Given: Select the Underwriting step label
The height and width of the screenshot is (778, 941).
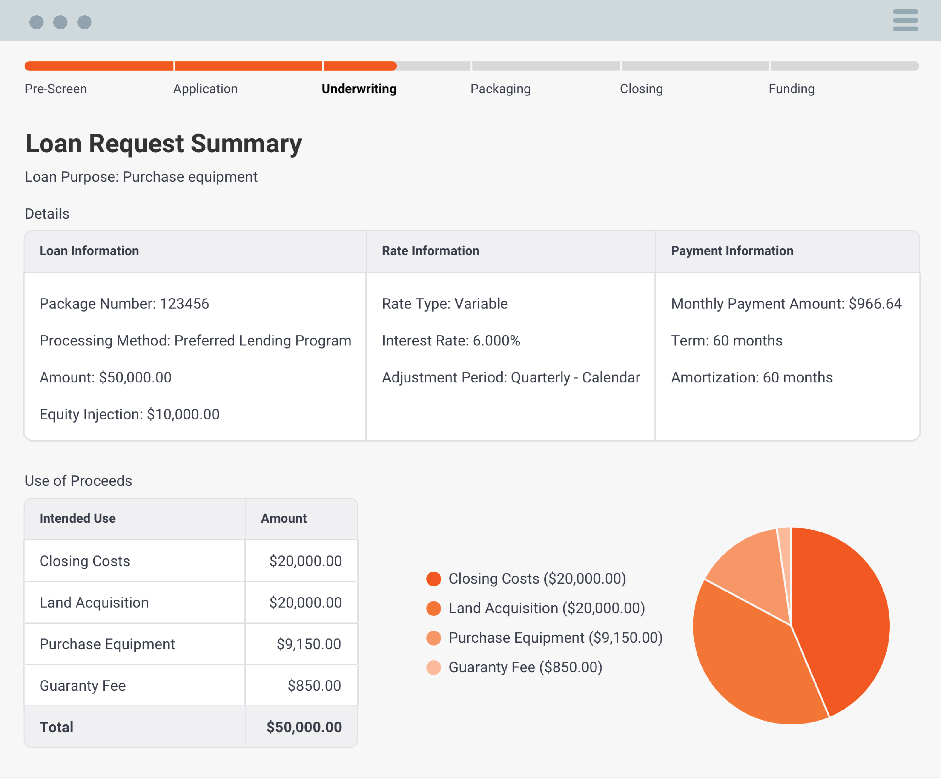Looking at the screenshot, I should (x=359, y=89).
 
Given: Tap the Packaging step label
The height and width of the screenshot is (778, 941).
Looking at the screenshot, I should (x=500, y=89).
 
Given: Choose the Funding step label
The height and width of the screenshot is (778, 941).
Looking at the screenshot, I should (x=791, y=89).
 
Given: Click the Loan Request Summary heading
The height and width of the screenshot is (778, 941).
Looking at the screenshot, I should (x=164, y=144).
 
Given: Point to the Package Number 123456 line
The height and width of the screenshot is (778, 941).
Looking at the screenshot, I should (x=124, y=304).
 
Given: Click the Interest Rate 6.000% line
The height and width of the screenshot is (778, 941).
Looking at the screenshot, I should (x=451, y=341).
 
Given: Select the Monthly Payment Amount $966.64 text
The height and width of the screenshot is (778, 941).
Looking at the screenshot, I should (x=786, y=304).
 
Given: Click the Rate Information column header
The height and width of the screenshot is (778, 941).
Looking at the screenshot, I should (x=430, y=251).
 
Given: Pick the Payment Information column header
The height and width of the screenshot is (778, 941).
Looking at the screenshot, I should (x=732, y=251).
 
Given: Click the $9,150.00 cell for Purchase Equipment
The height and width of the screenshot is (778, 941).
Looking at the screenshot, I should (x=309, y=644).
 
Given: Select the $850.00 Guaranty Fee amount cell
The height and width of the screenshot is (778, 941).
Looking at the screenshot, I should (x=314, y=686).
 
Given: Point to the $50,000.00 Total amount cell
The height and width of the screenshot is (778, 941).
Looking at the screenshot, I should (x=304, y=727).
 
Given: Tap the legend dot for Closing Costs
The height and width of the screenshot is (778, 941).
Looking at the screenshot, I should (x=433, y=579).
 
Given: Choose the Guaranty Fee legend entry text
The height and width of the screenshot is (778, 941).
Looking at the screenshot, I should (x=525, y=667).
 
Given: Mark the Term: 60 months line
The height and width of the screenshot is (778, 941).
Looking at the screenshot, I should (x=726, y=341).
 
